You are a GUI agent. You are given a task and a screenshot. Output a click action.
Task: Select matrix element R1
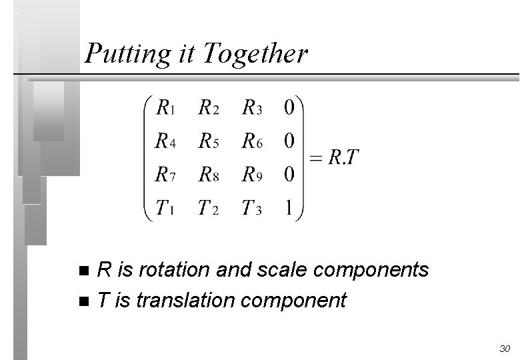166,107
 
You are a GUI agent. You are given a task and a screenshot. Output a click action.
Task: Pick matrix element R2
209,107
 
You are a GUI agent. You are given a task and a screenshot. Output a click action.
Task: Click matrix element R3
252,107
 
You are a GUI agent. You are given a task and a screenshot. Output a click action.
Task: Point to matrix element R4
166,141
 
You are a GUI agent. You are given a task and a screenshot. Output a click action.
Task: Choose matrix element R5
209,141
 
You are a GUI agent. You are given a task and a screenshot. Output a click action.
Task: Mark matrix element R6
252,141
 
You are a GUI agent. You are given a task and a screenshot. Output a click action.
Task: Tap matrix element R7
166,175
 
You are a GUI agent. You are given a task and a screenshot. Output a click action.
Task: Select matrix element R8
209,175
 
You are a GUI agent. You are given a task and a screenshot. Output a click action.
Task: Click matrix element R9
252,175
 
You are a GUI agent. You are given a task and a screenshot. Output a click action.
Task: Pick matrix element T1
166,209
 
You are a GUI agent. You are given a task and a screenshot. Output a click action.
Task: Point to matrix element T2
209,209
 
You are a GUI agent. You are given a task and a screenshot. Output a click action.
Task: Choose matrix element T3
252,209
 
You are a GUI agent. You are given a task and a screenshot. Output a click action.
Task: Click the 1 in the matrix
289,209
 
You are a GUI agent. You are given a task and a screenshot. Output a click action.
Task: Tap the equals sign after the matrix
316,159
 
